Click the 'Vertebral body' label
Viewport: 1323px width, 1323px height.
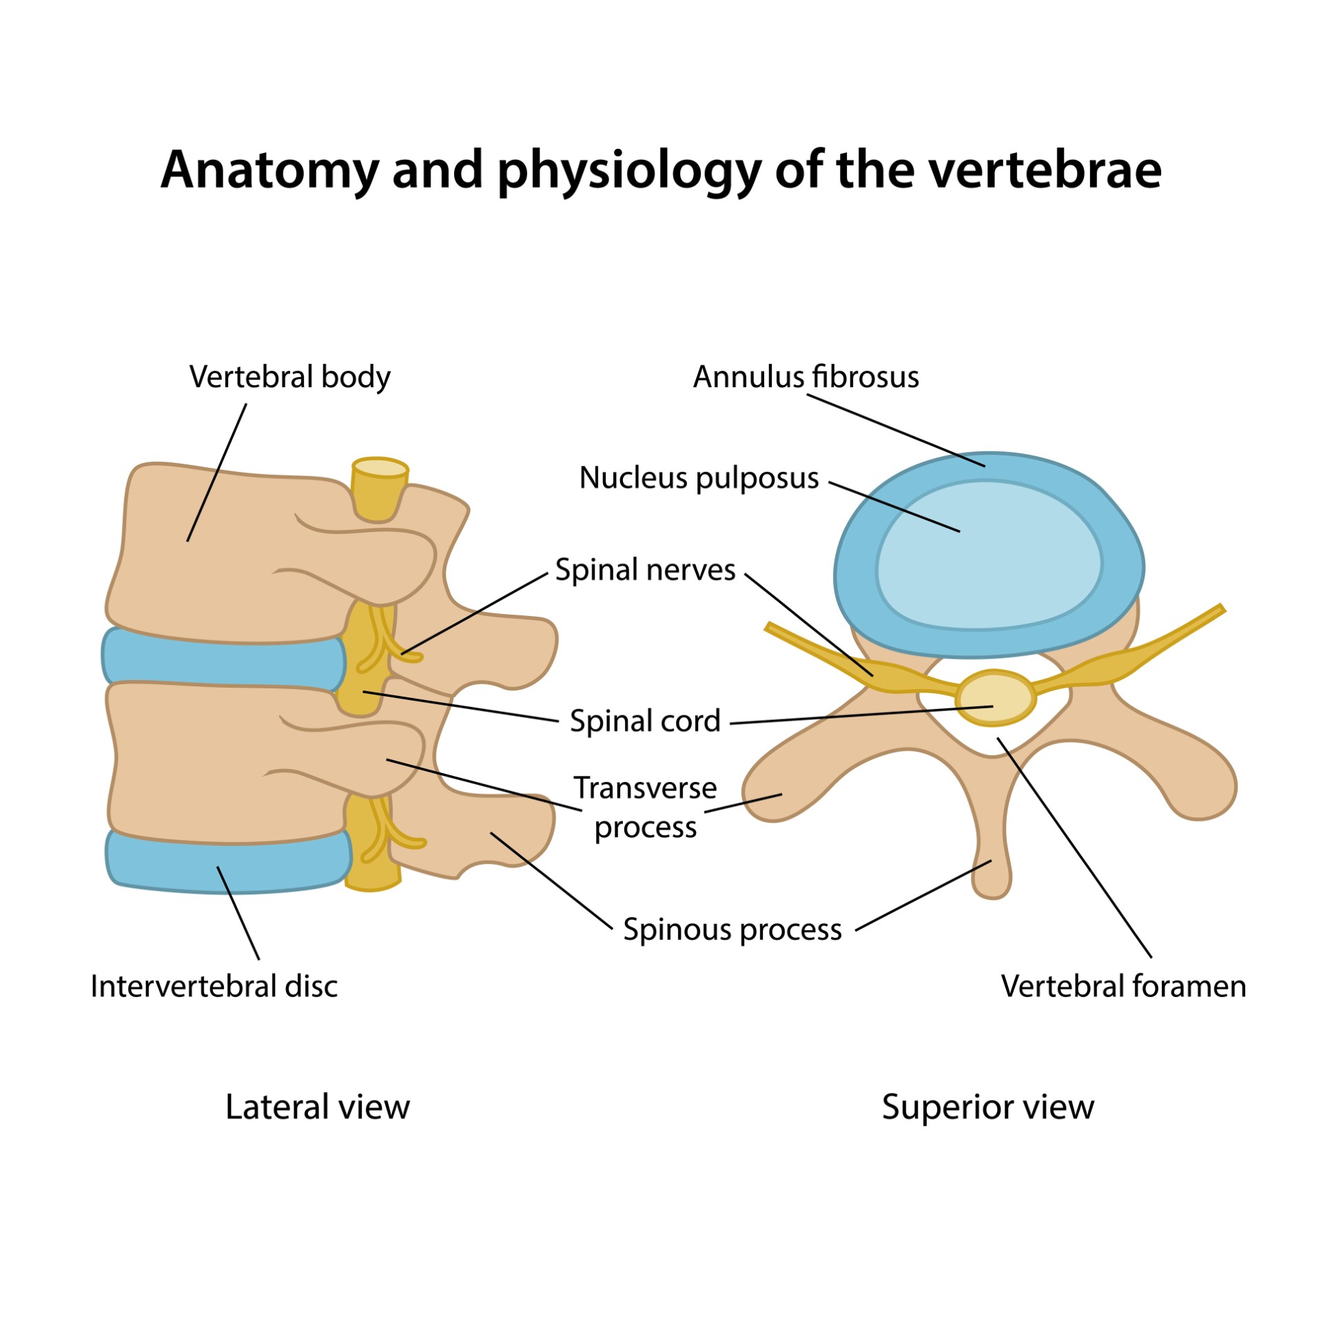[x=289, y=377]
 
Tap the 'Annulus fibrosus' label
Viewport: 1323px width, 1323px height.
[x=806, y=377]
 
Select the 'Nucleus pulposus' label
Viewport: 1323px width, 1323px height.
[x=699, y=478]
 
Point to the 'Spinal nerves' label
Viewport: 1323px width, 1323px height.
[x=645, y=570]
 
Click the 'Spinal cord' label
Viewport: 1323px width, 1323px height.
[x=645, y=721]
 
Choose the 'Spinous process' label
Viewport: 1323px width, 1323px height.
[x=732, y=930]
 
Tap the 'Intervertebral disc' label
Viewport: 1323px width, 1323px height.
[x=214, y=986]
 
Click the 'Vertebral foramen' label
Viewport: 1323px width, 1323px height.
[x=1123, y=986]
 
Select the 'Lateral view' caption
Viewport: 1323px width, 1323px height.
[x=317, y=1107]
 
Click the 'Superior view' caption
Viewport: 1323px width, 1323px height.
[x=987, y=1107]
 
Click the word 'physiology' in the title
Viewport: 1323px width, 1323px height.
[x=629, y=170]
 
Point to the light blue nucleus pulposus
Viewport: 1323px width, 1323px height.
[x=989, y=555]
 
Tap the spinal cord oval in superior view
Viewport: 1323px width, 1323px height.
[x=996, y=697]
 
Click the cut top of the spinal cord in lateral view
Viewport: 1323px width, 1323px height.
[x=380, y=468]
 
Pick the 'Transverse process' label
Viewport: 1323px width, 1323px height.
[x=645, y=808]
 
